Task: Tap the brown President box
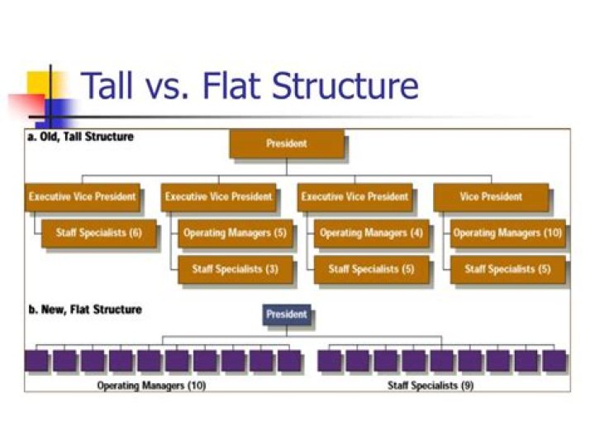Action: point(286,144)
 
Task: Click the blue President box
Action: point(286,314)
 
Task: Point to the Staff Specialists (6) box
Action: point(98,233)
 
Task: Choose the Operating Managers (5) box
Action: point(235,233)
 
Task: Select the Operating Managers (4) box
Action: point(371,233)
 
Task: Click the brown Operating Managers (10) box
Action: point(507,233)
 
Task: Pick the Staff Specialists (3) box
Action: point(235,269)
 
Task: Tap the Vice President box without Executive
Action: point(490,197)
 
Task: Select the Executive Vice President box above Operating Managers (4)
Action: point(354,197)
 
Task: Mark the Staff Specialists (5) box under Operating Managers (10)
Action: point(507,269)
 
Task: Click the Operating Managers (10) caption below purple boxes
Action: point(151,386)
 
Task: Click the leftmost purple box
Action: point(36,361)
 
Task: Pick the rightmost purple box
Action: point(555,361)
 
